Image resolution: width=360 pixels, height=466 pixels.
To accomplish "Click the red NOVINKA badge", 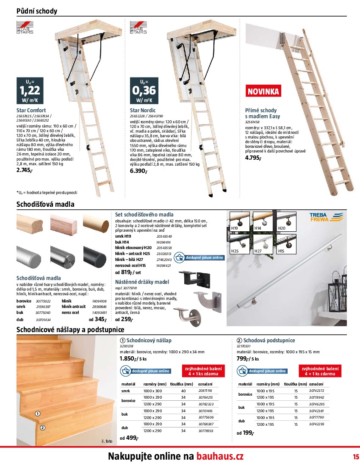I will tap(263, 91).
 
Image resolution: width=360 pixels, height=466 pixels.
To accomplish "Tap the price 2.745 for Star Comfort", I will tap(25, 170).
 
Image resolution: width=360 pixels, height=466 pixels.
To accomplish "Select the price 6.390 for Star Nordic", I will tap(138, 171).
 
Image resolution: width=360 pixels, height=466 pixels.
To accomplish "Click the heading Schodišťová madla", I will tap(45, 204).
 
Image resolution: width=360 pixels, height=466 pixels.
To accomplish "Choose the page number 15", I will tap(355, 457).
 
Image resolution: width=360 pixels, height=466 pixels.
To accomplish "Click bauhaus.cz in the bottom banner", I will tap(220, 457).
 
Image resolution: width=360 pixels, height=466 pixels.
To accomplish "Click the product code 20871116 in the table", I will tap(205, 391).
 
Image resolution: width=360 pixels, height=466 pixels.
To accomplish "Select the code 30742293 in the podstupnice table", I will tap(316, 424).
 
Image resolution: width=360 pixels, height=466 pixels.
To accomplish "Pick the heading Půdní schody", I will tap(36, 11).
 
